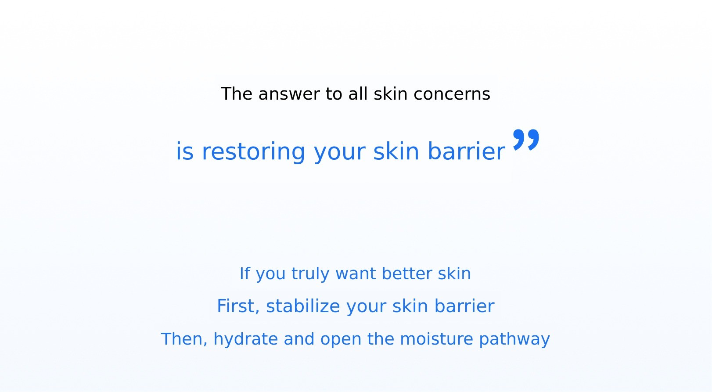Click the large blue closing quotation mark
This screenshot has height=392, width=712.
tap(526, 140)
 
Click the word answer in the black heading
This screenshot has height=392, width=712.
tap(289, 94)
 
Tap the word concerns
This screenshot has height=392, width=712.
tap(452, 94)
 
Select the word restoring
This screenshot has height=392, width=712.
tap(253, 151)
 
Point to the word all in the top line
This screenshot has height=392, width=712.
tap(358, 94)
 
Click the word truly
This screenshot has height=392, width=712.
tap(310, 274)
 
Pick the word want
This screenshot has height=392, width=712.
tap(356, 274)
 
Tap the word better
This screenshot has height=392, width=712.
tap(407, 273)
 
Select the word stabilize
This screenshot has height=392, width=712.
tap(303, 306)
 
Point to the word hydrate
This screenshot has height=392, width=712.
tap(246, 339)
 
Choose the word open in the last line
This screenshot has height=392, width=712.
tap(341, 340)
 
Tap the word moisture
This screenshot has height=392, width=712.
tap(436, 339)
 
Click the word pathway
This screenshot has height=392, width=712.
tap(514, 339)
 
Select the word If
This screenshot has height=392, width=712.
tap(245, 273)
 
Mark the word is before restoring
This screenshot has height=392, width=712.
tap(185, 151)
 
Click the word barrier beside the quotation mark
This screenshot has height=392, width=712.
tap(466, 151)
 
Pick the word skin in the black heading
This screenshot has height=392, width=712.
tap(391, 94)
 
